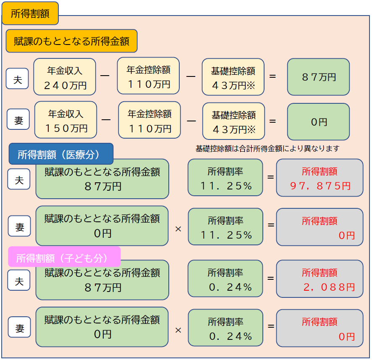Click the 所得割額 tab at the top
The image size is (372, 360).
coord(30,13)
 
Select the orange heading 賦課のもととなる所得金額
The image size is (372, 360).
coord(71,41)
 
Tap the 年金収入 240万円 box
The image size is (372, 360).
coord(65,77)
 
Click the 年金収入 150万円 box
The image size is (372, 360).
coord(65,120)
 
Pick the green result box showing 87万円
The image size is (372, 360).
coord(318,77)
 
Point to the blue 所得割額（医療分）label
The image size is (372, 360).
coord(61,154)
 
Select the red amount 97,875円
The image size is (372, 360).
coord(320,186)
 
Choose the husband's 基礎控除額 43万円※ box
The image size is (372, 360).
coord(233,77)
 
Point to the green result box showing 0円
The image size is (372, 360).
coord(318,122)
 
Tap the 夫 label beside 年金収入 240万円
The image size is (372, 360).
coord(17,79)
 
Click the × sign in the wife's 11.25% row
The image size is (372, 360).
coord(178,229)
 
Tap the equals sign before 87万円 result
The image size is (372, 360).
coord(272,76)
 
